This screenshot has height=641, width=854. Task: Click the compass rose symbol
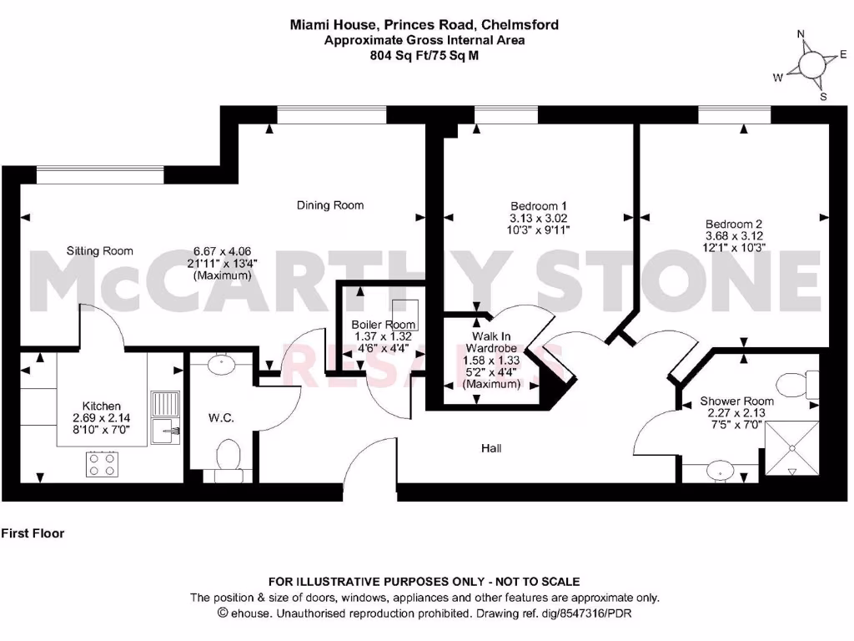pyautogui.click(x=811, y=65)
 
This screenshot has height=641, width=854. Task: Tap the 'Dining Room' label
pyautogui.click(x=330, y=204)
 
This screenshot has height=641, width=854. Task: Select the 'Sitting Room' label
pyautogui.click(x=100, y=250)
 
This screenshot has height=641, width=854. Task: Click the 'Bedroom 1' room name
pyautogui.click(x=539, y=205)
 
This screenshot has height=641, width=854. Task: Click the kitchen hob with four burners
pyautogui.click(x=103, y=464)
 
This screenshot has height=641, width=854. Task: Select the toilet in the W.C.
pyautogui.click(x=226, y=457)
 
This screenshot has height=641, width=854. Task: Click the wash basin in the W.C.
pyautogui.click(x=221, y=363)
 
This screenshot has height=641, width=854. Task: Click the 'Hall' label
pyautogui.click(x=491, y=448)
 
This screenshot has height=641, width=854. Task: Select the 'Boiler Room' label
pyautogui.click(x=371, y=325)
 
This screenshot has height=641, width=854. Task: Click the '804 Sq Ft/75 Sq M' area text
pyautogui.click(x=424, y=55)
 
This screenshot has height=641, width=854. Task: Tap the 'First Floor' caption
pyautogui.click(x=33, y=532)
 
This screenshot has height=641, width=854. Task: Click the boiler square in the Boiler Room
pyautogui.click(x=405, y=310)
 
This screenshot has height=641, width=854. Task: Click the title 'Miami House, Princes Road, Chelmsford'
pyautogui.click(x=424, y=25)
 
